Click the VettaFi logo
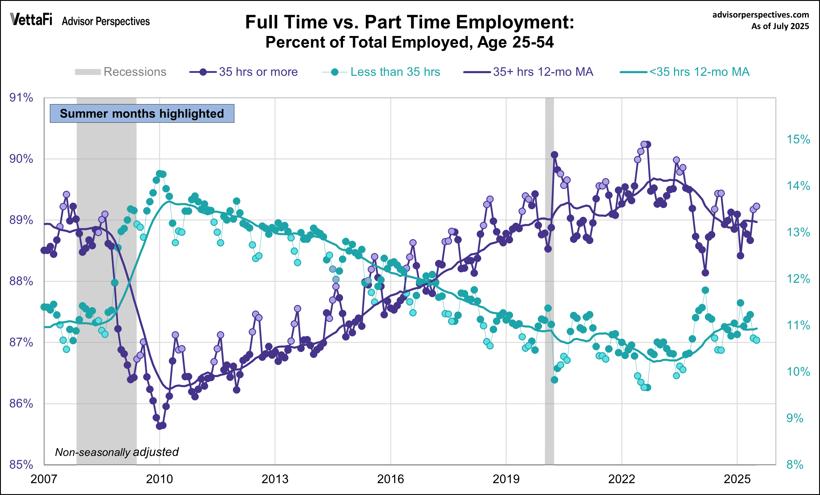click(x=31, y=20)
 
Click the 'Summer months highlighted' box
click(x=142, y=114)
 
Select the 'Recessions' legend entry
click(x=121, y=72)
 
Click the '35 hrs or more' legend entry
click(x=244, y=72)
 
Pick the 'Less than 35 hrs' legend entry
click(x=381, y=72)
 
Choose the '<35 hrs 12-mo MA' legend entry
click(x=685, y=72)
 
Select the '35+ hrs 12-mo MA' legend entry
click(x=528, y=72)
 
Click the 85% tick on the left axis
click(x=21, y=464)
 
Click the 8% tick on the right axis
click(x=795, y=464)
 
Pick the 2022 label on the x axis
click(x=621, y=479)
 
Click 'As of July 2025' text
click(x=780, y=26)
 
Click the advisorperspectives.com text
click(x=760, y=15)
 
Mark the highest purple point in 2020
click(x=554, y=155)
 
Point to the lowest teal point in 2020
click(x=554, y=380)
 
